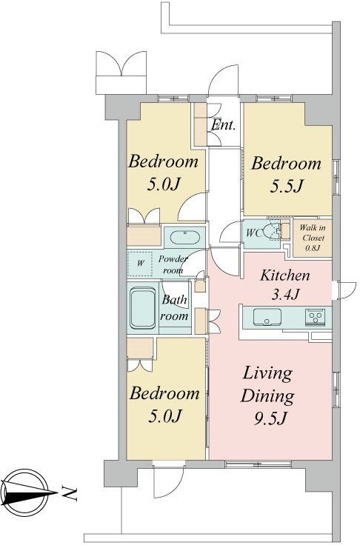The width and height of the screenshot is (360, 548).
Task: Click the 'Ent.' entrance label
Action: coord(224,124)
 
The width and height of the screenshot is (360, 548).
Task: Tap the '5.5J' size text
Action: coord(286,186)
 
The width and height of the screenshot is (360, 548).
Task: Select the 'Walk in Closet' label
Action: coord(313,233)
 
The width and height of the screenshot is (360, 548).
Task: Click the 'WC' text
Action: coord(254,233)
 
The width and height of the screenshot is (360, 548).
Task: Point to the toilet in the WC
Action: coord(272,231)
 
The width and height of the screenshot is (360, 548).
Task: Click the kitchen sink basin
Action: coord(267,318)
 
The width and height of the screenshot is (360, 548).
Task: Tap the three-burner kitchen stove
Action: coord(316,318)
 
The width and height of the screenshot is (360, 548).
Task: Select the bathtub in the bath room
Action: coord(143,308)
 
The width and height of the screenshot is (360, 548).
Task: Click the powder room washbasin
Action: coord(185,238)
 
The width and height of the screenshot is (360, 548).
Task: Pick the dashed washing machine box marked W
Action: coord(140,263)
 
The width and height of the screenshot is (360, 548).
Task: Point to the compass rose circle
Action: coord(24,492)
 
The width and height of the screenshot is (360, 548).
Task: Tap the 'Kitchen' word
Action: coord(285,275)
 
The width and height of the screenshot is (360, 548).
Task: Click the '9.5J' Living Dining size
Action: coord(270,418)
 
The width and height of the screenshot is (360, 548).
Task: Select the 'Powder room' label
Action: coord(173,264)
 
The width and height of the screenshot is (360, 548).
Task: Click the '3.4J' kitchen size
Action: coord(285,295)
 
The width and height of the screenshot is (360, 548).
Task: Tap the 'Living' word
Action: coord(267,374)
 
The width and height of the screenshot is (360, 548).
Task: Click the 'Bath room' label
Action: coord(175,307)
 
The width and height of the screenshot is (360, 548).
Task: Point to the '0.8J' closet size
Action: coord(313,248)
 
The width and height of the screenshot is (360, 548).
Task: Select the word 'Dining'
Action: coord(267,397)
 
